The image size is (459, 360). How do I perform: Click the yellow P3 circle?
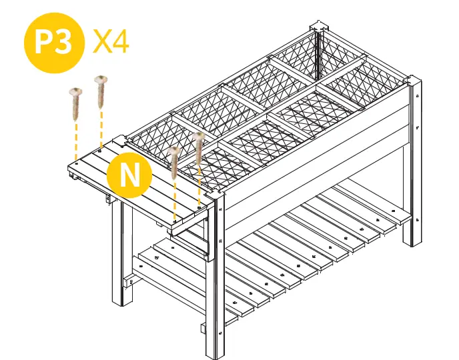(54, 43)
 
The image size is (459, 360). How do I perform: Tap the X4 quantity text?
(111, 41)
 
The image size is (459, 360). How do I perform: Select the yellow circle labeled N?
(129, 175)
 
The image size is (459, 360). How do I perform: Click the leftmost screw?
(75, 100)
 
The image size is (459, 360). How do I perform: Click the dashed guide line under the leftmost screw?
(76, 137)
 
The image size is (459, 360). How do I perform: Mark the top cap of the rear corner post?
(320, 29)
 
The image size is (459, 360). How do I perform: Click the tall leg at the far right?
(412, 167)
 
